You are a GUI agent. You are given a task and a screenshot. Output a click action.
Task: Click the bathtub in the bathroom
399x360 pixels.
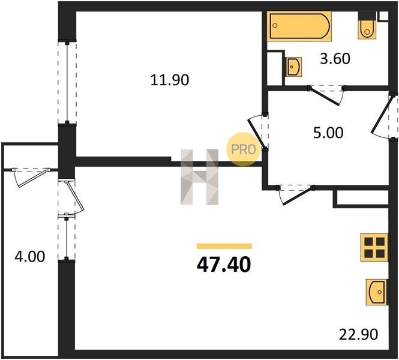pyautogui.click(x=299, y=26)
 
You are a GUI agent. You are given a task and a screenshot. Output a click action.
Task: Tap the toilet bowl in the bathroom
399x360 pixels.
pyautogui.click(x=367, y=29)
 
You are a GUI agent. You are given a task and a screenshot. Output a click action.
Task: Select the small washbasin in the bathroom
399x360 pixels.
pyautogui.click(x=294, y=67)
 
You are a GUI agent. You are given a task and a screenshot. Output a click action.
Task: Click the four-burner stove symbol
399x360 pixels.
pyautogui.click(x=374, y=248)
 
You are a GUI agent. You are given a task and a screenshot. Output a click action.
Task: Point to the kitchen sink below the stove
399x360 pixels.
pyautogui.click(x=377, y=292)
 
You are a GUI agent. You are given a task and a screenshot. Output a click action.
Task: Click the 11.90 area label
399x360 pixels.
pyautogui.click(x=170, y=80)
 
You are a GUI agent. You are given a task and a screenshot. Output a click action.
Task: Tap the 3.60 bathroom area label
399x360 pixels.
pyautogui.click(x=335, y=59)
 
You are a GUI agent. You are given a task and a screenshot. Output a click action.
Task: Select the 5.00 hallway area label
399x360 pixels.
pyautogui.click(x=328, y=133)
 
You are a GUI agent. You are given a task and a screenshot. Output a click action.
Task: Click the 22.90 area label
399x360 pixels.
pyautogui.click(x=359, y=334)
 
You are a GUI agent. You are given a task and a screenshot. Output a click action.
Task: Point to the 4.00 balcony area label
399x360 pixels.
pyautogui.click(x=30, y=256)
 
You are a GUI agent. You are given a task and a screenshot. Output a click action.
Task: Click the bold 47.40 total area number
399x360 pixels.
pyautogui.click(x=224, y=265)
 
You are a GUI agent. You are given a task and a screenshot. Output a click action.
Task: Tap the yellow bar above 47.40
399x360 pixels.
pyautogui.click(x=224, y=246)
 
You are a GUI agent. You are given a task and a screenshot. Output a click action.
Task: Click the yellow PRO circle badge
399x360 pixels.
pyautogui.click(x=243, y=149)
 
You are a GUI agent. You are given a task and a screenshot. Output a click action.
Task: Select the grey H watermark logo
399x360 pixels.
pyautogui.click(x=199, y=177)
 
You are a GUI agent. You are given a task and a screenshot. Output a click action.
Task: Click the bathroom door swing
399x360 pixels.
pyautogui.click(x=326, y=94)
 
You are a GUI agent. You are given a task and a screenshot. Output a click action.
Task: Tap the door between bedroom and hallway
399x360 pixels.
pyautogui.click(x=257, y=132)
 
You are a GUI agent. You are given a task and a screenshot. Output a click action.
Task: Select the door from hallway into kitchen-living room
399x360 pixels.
pyautogui.click(x=296, y=194)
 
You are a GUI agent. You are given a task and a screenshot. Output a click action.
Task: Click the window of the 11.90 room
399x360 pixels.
pyautogui.click(x=67, y=83)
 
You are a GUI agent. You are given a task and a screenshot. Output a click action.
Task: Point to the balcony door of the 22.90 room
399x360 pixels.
pyautogui.click(x=70, y=197)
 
